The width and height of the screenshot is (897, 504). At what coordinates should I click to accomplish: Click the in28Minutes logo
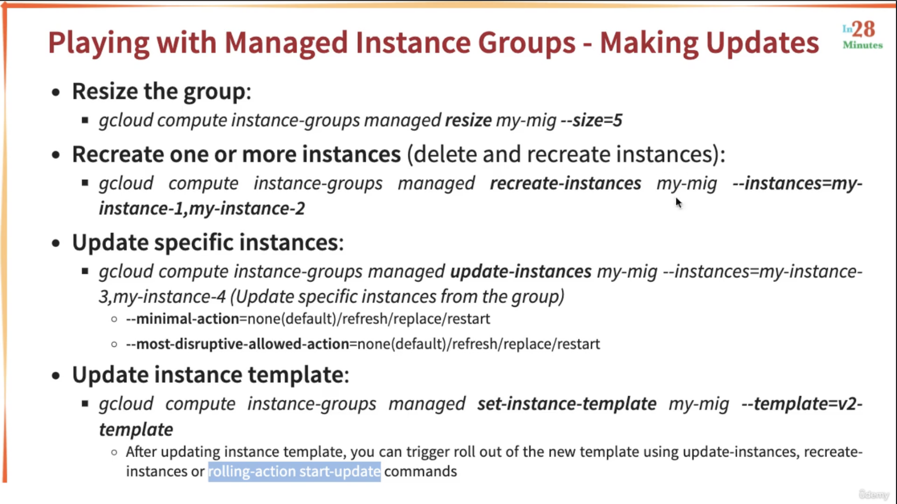point(863,35)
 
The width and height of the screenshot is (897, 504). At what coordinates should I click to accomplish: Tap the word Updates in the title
point(763,43)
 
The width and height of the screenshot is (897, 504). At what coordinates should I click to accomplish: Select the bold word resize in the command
point(469,120)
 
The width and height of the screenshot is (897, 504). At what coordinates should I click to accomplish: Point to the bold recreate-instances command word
point(565,183)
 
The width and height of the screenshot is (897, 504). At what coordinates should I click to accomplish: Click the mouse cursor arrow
point(678,203)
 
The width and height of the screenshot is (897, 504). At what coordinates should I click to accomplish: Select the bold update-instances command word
point(521,272)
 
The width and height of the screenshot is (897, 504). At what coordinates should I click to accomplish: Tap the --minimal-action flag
point(182,319)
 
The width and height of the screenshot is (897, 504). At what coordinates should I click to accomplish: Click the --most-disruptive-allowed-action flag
point(238,344)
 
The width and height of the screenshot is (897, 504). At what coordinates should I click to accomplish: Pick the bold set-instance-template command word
point(567,404)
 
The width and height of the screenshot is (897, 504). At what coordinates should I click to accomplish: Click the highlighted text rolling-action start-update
point(294,471)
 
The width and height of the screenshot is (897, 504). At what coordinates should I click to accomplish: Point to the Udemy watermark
point(874,495)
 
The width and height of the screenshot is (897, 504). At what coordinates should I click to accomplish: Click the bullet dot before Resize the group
point(56,93)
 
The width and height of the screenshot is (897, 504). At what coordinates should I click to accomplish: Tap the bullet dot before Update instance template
point(56,376)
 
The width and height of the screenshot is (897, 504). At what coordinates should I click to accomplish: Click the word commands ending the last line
point(421,471)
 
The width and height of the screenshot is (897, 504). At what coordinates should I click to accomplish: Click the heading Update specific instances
point(208,243)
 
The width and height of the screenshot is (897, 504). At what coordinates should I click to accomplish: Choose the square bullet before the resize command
point(85,120)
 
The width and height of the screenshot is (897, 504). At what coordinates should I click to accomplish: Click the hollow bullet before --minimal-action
point(114,319)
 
